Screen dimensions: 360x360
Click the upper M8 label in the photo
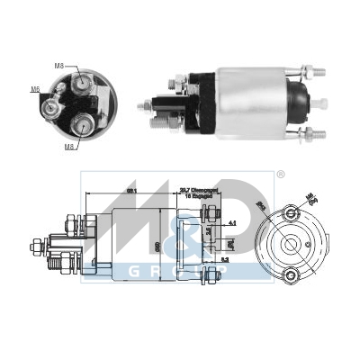(x=59, y=66)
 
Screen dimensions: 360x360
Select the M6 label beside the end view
(x=35, y=89)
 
